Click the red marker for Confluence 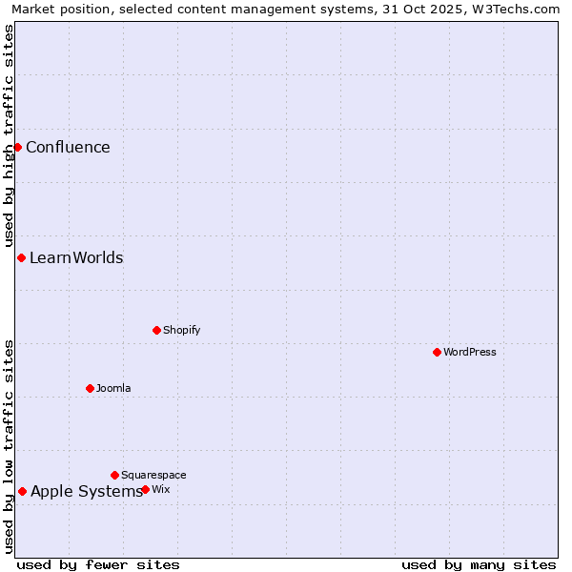pos(17,147)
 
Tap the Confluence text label pos(68,147)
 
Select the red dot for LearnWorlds pos(21,257)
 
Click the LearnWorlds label pos(76,258)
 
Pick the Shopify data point pos(156,330)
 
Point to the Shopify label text pos(181,330)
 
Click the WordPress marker pos(437,352)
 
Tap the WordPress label pos(469,352)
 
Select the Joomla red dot pos(90,388)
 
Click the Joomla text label pos(113,388)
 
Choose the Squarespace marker pos(114,475)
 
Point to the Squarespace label pos(153,475)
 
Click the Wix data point pos(145,489)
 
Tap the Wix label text pos(161,489)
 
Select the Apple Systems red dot pos(22,491)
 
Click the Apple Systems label pos(86,492)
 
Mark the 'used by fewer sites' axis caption pos(98,564)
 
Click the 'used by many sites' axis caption pos(479,564)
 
